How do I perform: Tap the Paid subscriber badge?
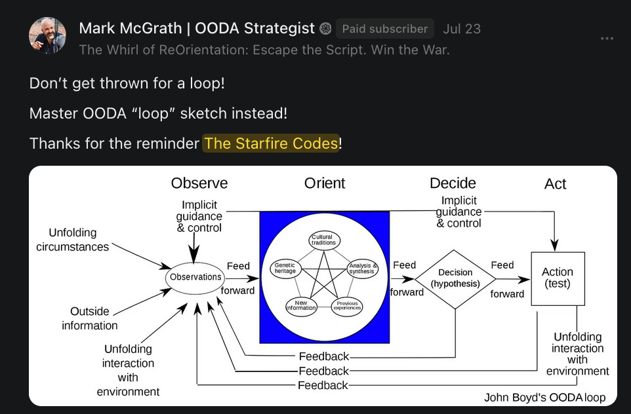coord(385,29)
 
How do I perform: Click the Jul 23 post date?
coord(462,29)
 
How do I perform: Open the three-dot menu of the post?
coord(607,39)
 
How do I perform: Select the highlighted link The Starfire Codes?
coord(271,143)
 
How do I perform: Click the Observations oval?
coord(195,277)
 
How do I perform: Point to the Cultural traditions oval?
coord(323,240)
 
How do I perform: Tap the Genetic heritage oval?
coord(285,268)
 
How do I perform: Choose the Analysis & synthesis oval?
coord(361,268)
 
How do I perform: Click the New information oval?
coord(301,306)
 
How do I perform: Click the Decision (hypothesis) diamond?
coord(455,278)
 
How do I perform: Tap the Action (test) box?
coord(557,278)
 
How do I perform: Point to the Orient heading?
coord(325,183)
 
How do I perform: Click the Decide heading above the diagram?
coord(453,183)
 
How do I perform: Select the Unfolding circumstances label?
coord(73,240)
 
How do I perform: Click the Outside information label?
coord(90,318)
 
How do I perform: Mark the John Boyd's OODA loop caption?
coord(544,397)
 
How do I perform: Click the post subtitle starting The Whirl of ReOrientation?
coord(264,49)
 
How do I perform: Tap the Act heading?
coord(555,184)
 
